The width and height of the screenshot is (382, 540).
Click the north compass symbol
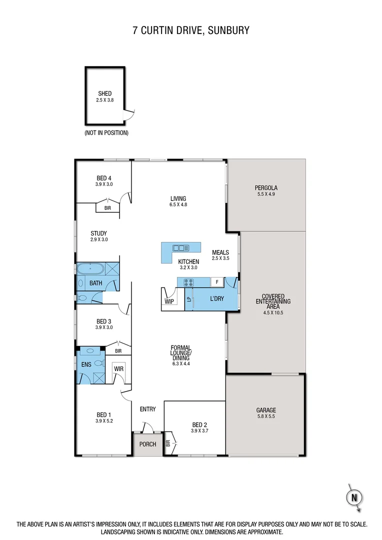tap(354, 497)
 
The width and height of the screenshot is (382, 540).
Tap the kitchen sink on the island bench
tap(180, 247)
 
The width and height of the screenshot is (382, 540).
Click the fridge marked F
tap(216, 282)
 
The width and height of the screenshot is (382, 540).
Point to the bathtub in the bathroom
tap(90, 268)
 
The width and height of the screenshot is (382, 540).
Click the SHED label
tap(105, 93)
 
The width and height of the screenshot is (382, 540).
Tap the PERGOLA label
tap(266, 188)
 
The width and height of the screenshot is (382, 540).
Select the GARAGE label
tap(265, 410)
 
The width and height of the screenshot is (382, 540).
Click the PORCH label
tap(147, 444)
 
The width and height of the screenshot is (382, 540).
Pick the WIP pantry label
tap(169, 301)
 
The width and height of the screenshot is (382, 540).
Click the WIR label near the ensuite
tap(118, 369)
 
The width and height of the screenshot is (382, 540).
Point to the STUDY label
tap(98, 233)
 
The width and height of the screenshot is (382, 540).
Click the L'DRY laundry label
tap(216, 298)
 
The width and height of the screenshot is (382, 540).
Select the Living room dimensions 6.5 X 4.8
tap(178, 204)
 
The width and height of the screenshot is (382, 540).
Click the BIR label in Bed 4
tap(107, 208)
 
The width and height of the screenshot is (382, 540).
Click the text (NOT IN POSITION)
tap(106, 133)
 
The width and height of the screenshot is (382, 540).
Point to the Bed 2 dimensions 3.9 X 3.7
tap(199, 430)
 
